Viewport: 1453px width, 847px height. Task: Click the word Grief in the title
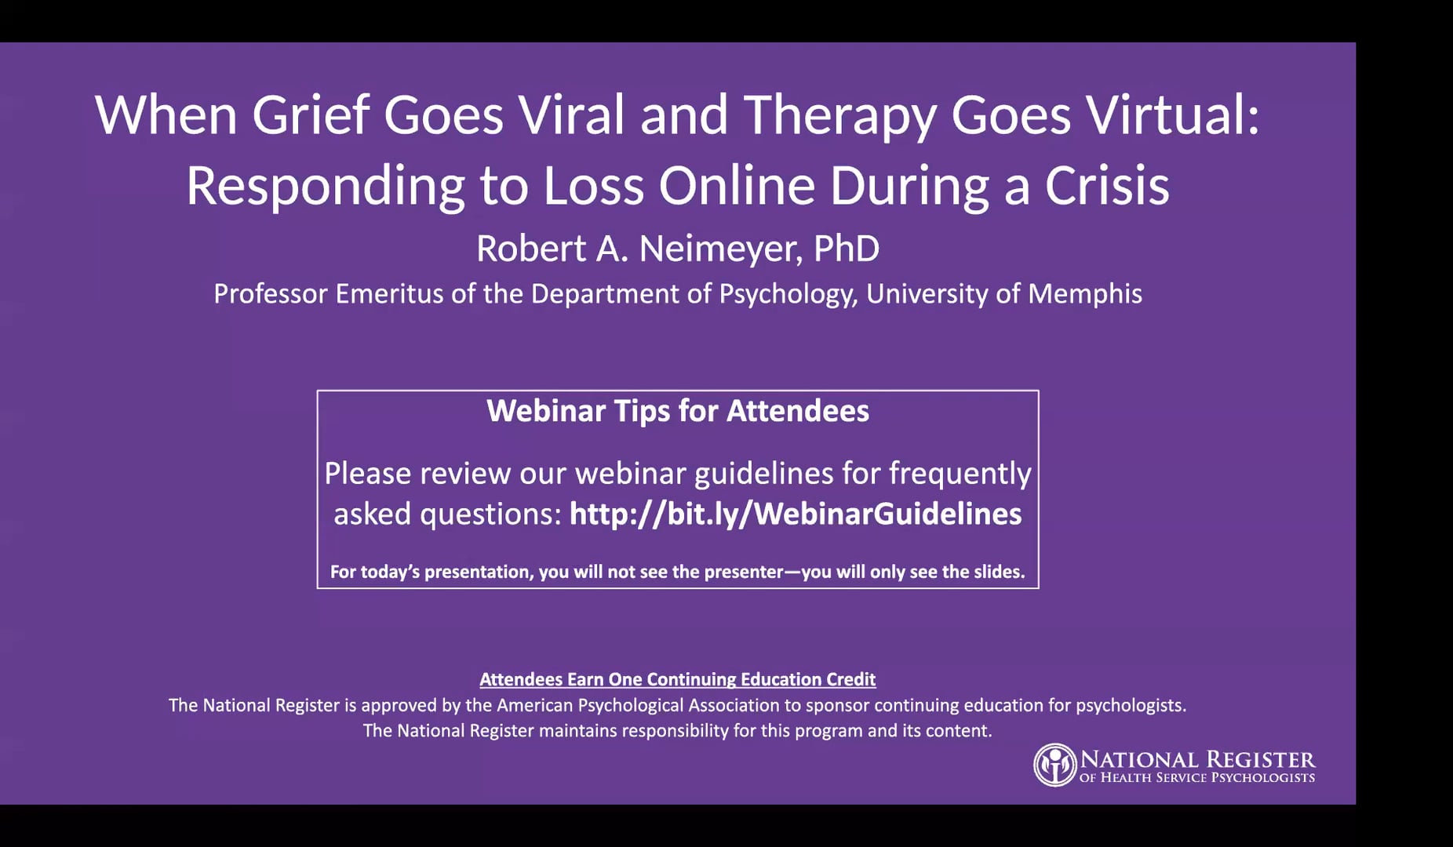[310, 115]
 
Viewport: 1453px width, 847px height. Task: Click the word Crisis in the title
[1107, 186]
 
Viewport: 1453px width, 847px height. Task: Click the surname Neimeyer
[720, 249]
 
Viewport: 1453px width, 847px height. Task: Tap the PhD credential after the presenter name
[847, 249]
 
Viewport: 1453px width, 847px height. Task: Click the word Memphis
[1085, 293]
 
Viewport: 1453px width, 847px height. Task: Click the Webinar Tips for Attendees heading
[678, 411]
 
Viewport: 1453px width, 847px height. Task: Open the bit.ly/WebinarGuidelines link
[796, 514]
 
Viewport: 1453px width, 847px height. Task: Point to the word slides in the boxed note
[999, 572]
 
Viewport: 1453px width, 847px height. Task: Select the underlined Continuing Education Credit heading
[678, 679]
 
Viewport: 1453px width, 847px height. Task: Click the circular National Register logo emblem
[1055, 765]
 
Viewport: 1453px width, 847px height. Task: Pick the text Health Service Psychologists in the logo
[1208, 778]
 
